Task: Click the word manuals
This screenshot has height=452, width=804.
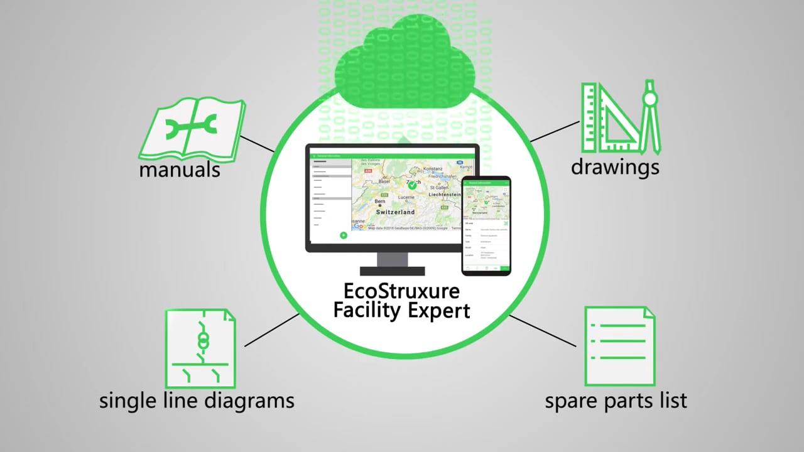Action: pos(180,169)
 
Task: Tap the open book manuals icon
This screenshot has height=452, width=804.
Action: pos(191,129)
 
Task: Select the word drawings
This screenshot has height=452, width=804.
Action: pos(615,166)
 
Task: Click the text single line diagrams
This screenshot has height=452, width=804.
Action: pos(197,401)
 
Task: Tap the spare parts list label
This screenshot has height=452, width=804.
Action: pos(616,401)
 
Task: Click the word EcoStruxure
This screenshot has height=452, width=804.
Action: pos(401,291)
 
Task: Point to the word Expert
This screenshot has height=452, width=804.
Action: pos(440,310)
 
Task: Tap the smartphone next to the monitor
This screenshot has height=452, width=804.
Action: pos(486,226)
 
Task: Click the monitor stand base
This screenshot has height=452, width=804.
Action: pos(392,271)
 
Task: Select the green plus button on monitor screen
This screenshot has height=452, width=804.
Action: pos(344,235)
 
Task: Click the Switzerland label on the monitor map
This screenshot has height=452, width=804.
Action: pos(395,213)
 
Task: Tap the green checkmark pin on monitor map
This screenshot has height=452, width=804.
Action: pos(412,185)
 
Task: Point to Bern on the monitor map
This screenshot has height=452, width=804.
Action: pos(380,202)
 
